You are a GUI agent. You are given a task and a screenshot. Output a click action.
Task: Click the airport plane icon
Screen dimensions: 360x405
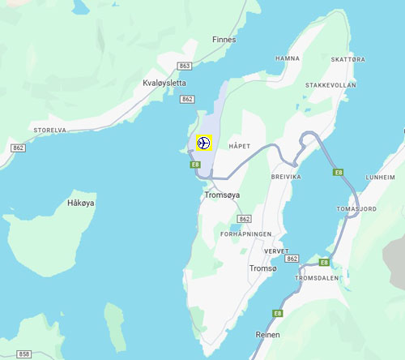[x=202, y=143]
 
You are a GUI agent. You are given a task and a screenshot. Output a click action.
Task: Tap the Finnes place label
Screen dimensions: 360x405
[x=224, y=39]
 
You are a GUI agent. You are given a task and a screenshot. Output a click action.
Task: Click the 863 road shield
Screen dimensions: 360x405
[x=185, y=66]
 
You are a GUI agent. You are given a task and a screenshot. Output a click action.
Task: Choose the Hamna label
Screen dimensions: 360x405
[x=288, y=58]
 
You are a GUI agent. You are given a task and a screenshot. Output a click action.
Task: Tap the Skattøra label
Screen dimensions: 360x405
[x=347, y=59]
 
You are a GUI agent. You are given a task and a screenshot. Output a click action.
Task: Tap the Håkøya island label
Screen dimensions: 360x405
[x=82, y=204]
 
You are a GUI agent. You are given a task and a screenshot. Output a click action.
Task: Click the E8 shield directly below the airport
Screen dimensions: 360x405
[x=195, y=165]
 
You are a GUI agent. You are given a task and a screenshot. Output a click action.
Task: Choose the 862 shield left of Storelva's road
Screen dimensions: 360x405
[x=18, y=148]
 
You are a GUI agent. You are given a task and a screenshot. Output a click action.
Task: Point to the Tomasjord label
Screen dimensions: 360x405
[x=357, y=208]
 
